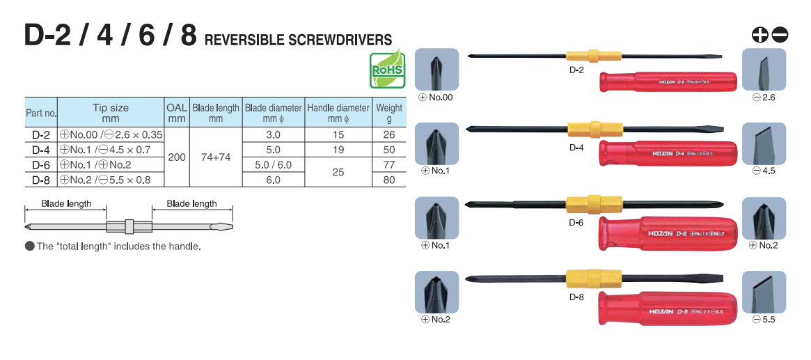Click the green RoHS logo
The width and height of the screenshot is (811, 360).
pos(387,69)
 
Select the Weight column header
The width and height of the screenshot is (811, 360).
pos(389,112)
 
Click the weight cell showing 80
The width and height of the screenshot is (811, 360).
pos(389,180)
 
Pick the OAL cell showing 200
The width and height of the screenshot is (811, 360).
pos(177,157)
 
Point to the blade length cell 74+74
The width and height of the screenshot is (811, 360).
pos(216,157)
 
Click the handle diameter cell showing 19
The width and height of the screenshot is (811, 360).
pos(338,150)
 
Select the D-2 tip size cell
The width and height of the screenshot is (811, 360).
pos(111,134)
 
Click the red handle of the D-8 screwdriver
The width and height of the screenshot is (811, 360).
pos(667,308)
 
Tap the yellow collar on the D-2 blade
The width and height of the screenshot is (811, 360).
pos(589,56)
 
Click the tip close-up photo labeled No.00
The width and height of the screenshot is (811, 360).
pos(436,69)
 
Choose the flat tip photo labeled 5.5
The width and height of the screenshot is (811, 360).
pos(764,292)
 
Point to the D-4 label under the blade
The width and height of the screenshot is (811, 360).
pos(576,148)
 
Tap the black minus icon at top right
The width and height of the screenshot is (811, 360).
pos(780,33)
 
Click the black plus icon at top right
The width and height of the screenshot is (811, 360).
pos(760,33)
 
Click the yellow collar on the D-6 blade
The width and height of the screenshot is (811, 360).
pos(584,204)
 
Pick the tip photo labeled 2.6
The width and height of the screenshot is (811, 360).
pos(764,69)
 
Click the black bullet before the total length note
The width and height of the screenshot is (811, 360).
pos(29,246)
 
